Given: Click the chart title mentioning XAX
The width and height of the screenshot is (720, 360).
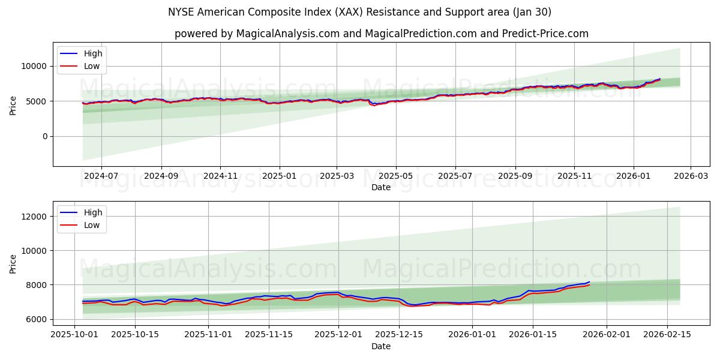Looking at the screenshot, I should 359,12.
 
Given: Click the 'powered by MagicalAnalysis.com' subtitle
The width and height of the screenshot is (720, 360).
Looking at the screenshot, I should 381,34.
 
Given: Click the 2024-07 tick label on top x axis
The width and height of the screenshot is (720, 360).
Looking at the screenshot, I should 101,176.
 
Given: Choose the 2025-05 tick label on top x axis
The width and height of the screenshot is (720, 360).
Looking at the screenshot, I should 396,176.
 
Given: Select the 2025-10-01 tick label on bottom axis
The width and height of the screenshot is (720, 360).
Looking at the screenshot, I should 74,334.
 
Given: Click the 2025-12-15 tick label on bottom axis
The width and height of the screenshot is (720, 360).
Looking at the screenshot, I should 399,334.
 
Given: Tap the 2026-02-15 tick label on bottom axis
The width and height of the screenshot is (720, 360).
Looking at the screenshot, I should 668,334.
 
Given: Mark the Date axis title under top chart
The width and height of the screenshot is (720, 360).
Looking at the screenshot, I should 381,187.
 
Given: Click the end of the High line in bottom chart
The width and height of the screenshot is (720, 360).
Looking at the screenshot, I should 589,281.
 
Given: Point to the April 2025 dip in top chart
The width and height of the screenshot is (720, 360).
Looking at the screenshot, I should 374,105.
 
